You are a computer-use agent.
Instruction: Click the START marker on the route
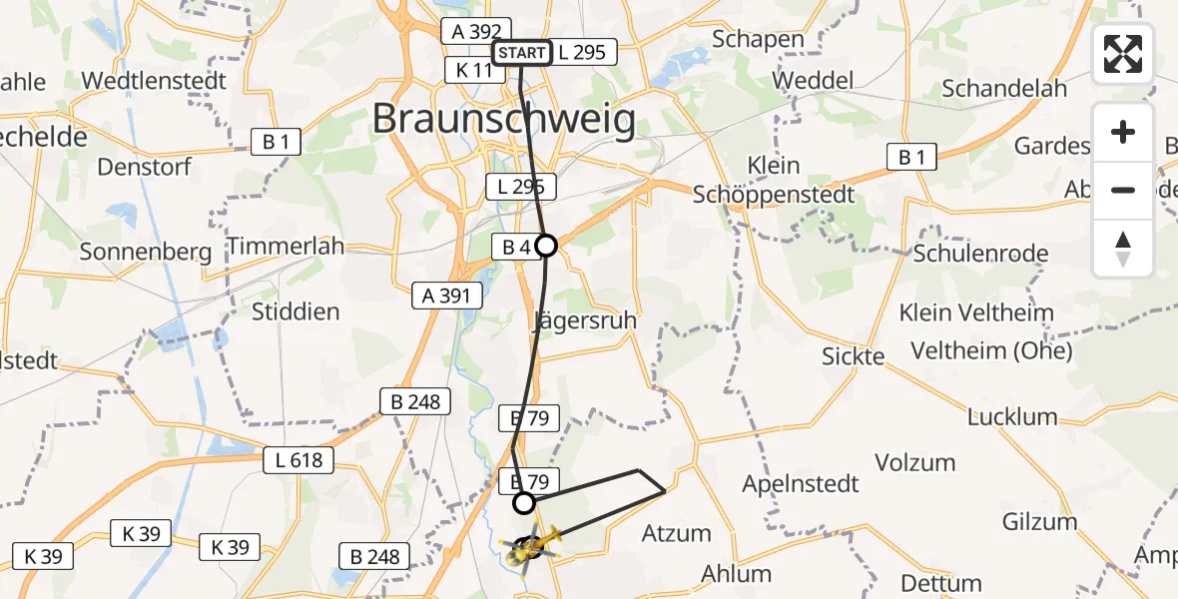tap(521, 53)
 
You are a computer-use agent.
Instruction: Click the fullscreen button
tap(1123, 54)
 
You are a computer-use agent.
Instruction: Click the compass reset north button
tap(1123, 249)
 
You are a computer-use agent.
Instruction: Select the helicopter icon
tap(533, 546)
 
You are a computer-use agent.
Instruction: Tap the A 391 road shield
tap(447, 295)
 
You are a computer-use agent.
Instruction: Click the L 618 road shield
tap(298, 460)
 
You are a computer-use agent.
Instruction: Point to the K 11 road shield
tap(475, 70)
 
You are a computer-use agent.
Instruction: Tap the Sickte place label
tap(854, 356)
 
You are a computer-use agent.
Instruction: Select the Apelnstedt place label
tap(801, 484)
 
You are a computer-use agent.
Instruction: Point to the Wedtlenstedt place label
tap(154, 80)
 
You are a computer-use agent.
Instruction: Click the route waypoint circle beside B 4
tap(546, 245)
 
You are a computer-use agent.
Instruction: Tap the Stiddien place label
tap(295, 311)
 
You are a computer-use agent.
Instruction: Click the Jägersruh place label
tap(584, 321)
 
